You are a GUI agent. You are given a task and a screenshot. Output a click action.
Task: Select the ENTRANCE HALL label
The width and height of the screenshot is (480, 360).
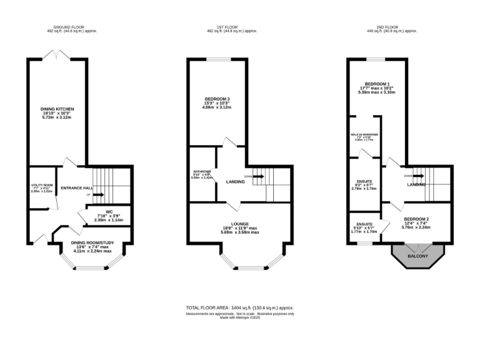[76, 187]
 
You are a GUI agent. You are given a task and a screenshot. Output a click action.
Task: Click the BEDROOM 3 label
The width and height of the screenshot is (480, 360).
[217, 99]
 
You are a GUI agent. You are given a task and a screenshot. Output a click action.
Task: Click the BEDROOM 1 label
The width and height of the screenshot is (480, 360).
[377, 84]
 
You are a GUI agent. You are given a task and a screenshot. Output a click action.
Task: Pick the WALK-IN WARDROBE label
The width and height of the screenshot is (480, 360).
[364, 134]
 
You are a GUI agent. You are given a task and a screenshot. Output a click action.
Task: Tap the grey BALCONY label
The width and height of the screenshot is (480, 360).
[418, 256]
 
